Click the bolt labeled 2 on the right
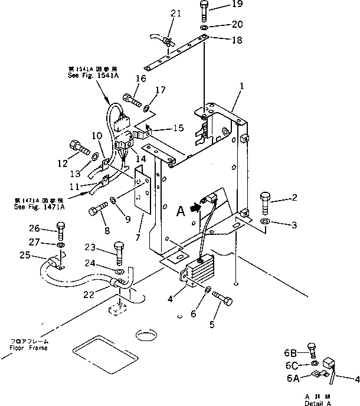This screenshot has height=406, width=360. tap(264, 203)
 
